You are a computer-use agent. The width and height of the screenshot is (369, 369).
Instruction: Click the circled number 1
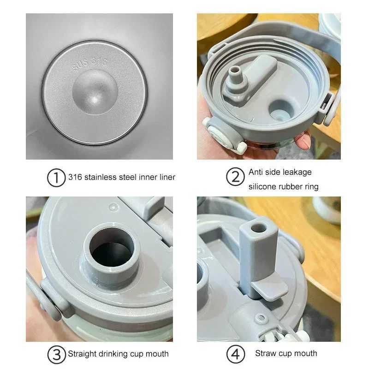pos(56,178)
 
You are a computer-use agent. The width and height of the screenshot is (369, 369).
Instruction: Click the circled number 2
pos(235,178)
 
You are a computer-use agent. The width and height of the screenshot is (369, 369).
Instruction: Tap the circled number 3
pos(56,354)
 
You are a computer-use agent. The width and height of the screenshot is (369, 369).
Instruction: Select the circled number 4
pos(235,354)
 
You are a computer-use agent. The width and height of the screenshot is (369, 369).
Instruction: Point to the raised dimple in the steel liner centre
pos(95,92)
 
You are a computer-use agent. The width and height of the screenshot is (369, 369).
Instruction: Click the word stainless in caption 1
pos(99,177)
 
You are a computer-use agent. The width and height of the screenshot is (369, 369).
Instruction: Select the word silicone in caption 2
pos(263,187)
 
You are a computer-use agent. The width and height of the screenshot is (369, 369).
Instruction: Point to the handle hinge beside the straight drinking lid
pos(50,298)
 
